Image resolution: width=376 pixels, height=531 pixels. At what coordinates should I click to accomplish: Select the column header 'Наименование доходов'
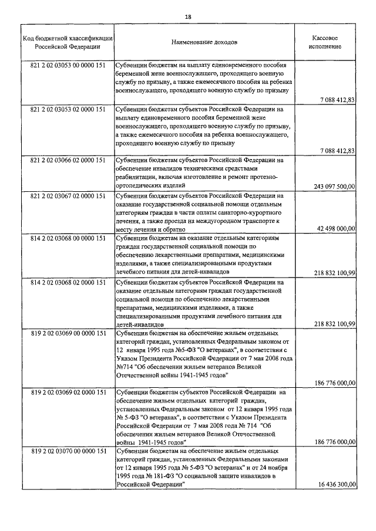coord(204,43)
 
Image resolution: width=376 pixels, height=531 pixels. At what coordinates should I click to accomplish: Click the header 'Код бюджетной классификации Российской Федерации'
coord(68,43)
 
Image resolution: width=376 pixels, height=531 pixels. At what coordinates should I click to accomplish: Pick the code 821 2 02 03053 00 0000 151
coord(68,66)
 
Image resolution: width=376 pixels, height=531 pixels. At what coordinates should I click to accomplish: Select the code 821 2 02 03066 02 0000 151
coord(68,160)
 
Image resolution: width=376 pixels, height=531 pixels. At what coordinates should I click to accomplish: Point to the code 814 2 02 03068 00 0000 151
coord(68,239)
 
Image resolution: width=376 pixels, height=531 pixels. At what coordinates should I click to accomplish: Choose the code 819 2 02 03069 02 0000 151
coord(68,392)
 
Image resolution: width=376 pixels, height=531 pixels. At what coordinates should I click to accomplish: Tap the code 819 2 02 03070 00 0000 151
coord(68,451)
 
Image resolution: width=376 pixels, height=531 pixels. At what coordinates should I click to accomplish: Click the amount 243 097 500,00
coord(334,186)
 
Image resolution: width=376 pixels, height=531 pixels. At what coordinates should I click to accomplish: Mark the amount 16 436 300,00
coord(336,485)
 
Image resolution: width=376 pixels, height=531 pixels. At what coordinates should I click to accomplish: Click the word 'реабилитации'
coord(139,177)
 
